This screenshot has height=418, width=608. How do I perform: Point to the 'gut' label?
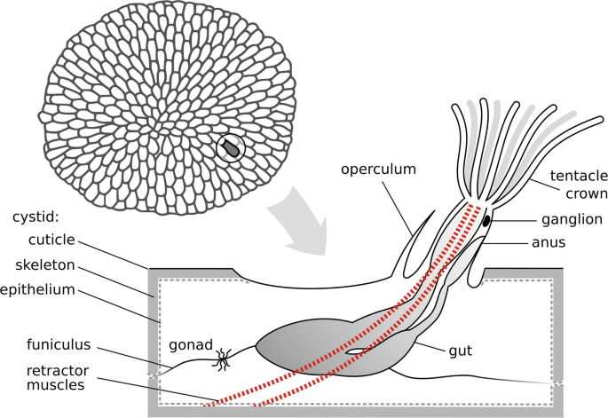coord(460,351)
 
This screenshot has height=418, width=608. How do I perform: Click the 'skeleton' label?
coord(43,264)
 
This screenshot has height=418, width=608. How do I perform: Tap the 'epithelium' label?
coord(37,289)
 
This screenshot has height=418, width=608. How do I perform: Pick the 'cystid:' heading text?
coord(36,216)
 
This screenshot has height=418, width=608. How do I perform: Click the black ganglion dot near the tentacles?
coord(486,219)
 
